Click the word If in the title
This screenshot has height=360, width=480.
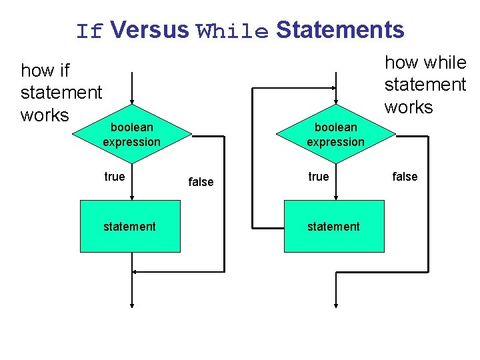pyautogui.click(x=89, y=31)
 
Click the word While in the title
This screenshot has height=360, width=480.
pyautogui.click(x=232, y=31)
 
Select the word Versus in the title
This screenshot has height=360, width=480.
pyautogui.click(x=150, y=30)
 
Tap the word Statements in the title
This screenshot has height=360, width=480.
pyautogui.click(x=340, y=30)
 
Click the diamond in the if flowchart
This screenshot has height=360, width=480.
pyautogui.click(x=132, y=134)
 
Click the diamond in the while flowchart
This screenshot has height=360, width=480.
pyautogui.click(x=336, y=134)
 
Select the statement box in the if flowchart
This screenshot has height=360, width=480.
pyautogui.click(x=130, y=227)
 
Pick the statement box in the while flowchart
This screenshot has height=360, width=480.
pyautogui.click(x=334, y=227)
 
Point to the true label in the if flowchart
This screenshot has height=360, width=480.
pyautogui.click(x=115, y=177)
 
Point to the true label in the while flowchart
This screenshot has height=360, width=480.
pyautogui.click(x=319, y=177)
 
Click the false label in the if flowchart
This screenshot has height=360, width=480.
pyautogui.click(x=201, y=181)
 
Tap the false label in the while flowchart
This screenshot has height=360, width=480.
pyautogui.click(x=405, y=177)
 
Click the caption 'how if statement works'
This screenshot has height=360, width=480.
pyautogui.click(x=61, y=92)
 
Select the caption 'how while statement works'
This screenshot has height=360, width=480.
pyautogui.click(x=425, y=85)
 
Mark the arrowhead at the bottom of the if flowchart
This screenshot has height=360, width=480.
pyautogui.click(x=133, y=303)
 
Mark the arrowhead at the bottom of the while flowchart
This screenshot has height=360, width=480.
pyautogui.click(x=337, y=303)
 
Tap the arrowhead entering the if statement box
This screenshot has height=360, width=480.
pyautogui.click(x=133, y=197)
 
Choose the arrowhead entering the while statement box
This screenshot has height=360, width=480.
pyautogui.click(x=337, y=197)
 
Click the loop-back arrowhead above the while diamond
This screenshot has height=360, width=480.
pyautogui.click(x=333, y=87)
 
